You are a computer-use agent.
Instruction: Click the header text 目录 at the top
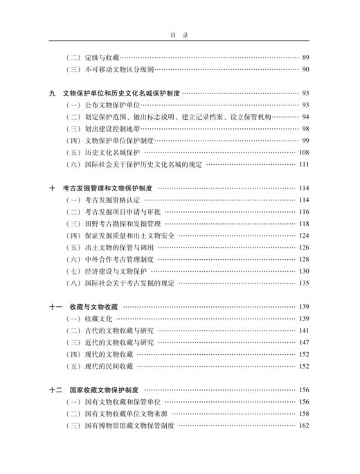(179, 32)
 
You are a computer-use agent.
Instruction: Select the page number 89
(305, 57)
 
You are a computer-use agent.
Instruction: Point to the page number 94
(305, 116)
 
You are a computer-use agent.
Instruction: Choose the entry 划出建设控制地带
(105, 128)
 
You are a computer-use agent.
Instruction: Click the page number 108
(303, 152)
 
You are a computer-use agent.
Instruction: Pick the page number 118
(303, 224)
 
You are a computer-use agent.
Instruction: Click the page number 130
(303, 271)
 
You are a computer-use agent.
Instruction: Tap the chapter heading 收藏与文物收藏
(91, 306)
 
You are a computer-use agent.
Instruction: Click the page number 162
(303, 425)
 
